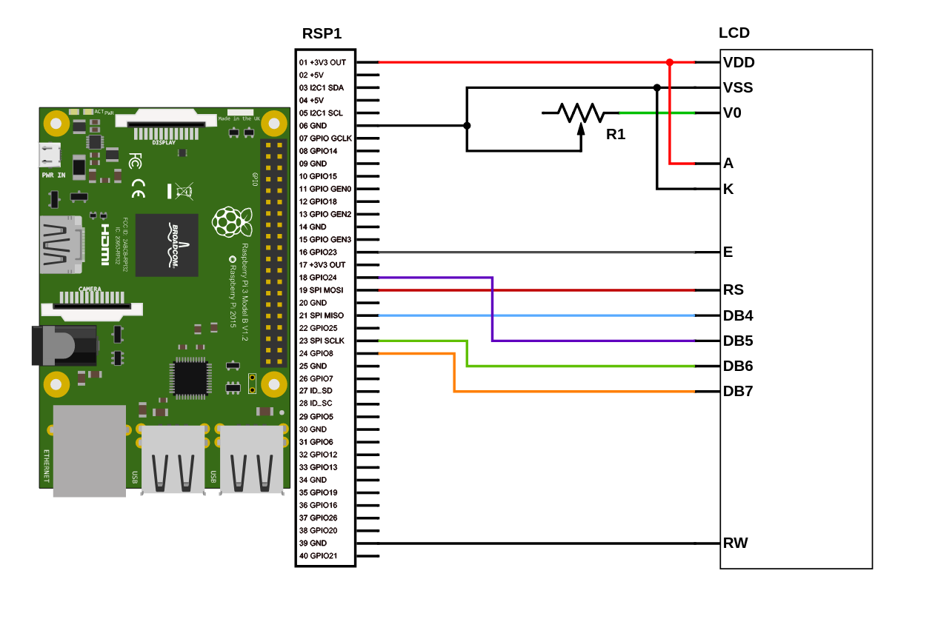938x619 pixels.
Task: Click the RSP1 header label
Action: click(x=322, y=33)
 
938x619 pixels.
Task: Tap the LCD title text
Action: click(x=734, y=33)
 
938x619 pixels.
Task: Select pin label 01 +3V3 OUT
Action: click(x=322, y=62)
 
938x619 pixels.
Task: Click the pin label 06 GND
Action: click(x=313, y=126)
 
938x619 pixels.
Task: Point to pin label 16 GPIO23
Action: click(x=318, y=252)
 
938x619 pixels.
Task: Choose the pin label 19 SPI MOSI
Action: click(x=321, y=290)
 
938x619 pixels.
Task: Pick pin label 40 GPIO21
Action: click(x=318, y=556)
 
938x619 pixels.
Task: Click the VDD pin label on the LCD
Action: click(x=739, y=63)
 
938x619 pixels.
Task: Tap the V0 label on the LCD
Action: click(x=732, y=113)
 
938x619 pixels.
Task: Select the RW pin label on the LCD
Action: click(x=735, y=543)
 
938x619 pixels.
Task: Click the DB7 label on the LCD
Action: click(x=738, y=391)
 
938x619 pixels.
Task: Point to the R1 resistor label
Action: click(x=616, y=134)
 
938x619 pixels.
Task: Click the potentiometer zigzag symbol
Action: click(x=581, y=113)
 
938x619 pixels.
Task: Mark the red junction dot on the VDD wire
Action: click(x=670, y=63)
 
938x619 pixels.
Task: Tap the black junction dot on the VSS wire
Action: click(x=657, y=87)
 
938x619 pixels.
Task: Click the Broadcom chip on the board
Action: click(x=167, y=245)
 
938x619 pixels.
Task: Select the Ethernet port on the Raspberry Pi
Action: click(x=89, y=450)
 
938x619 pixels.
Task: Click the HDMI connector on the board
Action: click(x=61, y=245)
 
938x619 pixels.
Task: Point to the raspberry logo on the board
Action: click(x=231, y=221)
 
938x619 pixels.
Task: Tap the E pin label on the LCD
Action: click(x=728, y=252)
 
